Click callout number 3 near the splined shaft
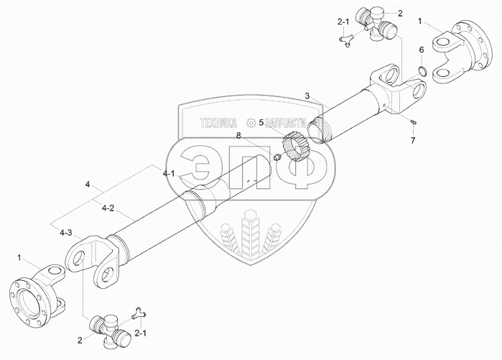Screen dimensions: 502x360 307,96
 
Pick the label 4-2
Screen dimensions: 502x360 108,208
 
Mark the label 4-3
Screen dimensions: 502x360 66,232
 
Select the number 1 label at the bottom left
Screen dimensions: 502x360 20,257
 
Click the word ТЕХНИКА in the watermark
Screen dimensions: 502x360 212,123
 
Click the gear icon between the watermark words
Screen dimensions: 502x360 251,122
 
